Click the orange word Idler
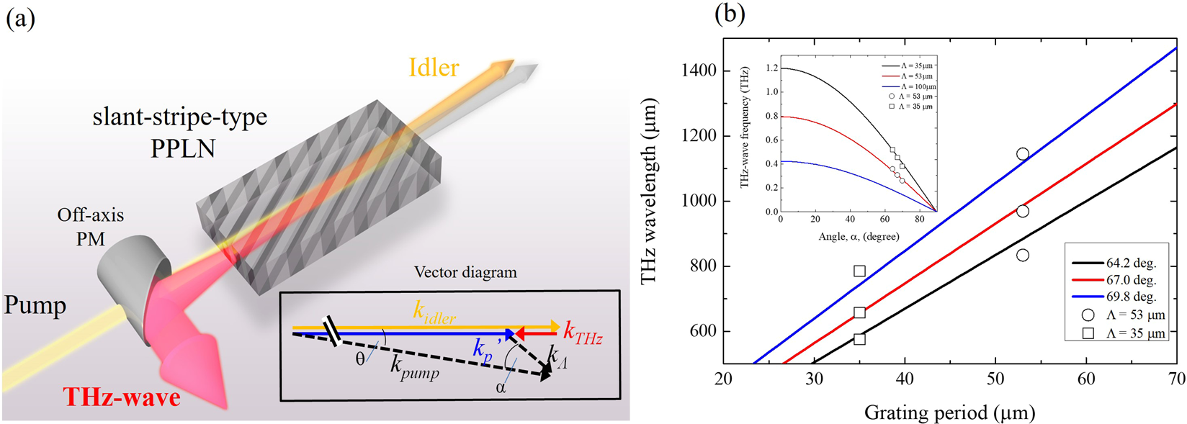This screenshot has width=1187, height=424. pos(434,68)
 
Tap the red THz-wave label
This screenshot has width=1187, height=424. pos(122,397)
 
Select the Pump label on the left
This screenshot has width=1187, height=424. pos(35,305)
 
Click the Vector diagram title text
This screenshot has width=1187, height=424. pos(465,273)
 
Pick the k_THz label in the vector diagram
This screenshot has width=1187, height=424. pos(583,335)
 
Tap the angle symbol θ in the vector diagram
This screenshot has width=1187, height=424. pos(360,358)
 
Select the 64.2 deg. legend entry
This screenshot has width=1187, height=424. pos(1131,263)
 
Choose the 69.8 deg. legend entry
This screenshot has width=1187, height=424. pos(1131,297)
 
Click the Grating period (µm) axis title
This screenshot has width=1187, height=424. pos(949,412)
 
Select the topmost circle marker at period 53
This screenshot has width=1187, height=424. pos(1022,154)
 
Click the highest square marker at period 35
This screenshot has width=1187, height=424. pos(859,271)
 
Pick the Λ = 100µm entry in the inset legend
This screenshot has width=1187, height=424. pos(911,86)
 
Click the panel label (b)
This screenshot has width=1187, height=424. pos(730,14)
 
